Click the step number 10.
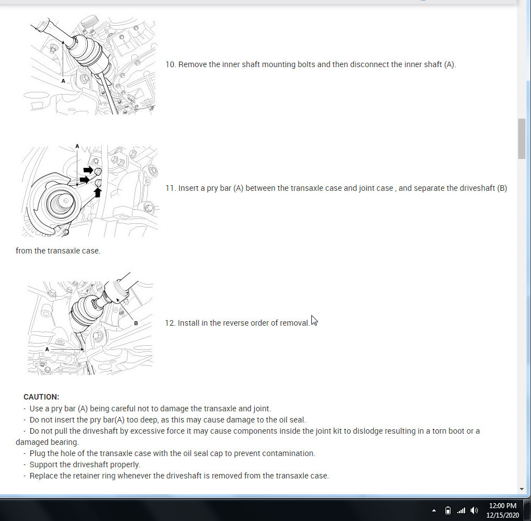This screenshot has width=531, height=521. point(170,64)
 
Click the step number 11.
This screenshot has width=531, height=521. point(170,188)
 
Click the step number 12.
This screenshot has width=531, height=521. point(170,323)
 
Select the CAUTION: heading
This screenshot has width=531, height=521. point(41,397)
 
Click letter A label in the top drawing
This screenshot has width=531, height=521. point(63,81)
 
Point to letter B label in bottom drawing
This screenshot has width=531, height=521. point(136,323)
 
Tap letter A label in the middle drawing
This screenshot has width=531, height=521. point(77,147)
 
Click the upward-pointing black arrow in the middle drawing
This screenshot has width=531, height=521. point(97,193)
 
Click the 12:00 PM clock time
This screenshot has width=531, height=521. point(502,506)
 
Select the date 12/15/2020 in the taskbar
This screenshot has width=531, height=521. point(502,515)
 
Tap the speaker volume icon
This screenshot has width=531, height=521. point(474,510)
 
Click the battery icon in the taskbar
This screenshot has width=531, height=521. point(448,510)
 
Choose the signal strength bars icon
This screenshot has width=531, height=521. point(461,510)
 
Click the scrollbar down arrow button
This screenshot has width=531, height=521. point(521,489)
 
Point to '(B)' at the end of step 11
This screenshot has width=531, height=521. point(502,188)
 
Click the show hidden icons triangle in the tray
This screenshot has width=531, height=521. point(434,510)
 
